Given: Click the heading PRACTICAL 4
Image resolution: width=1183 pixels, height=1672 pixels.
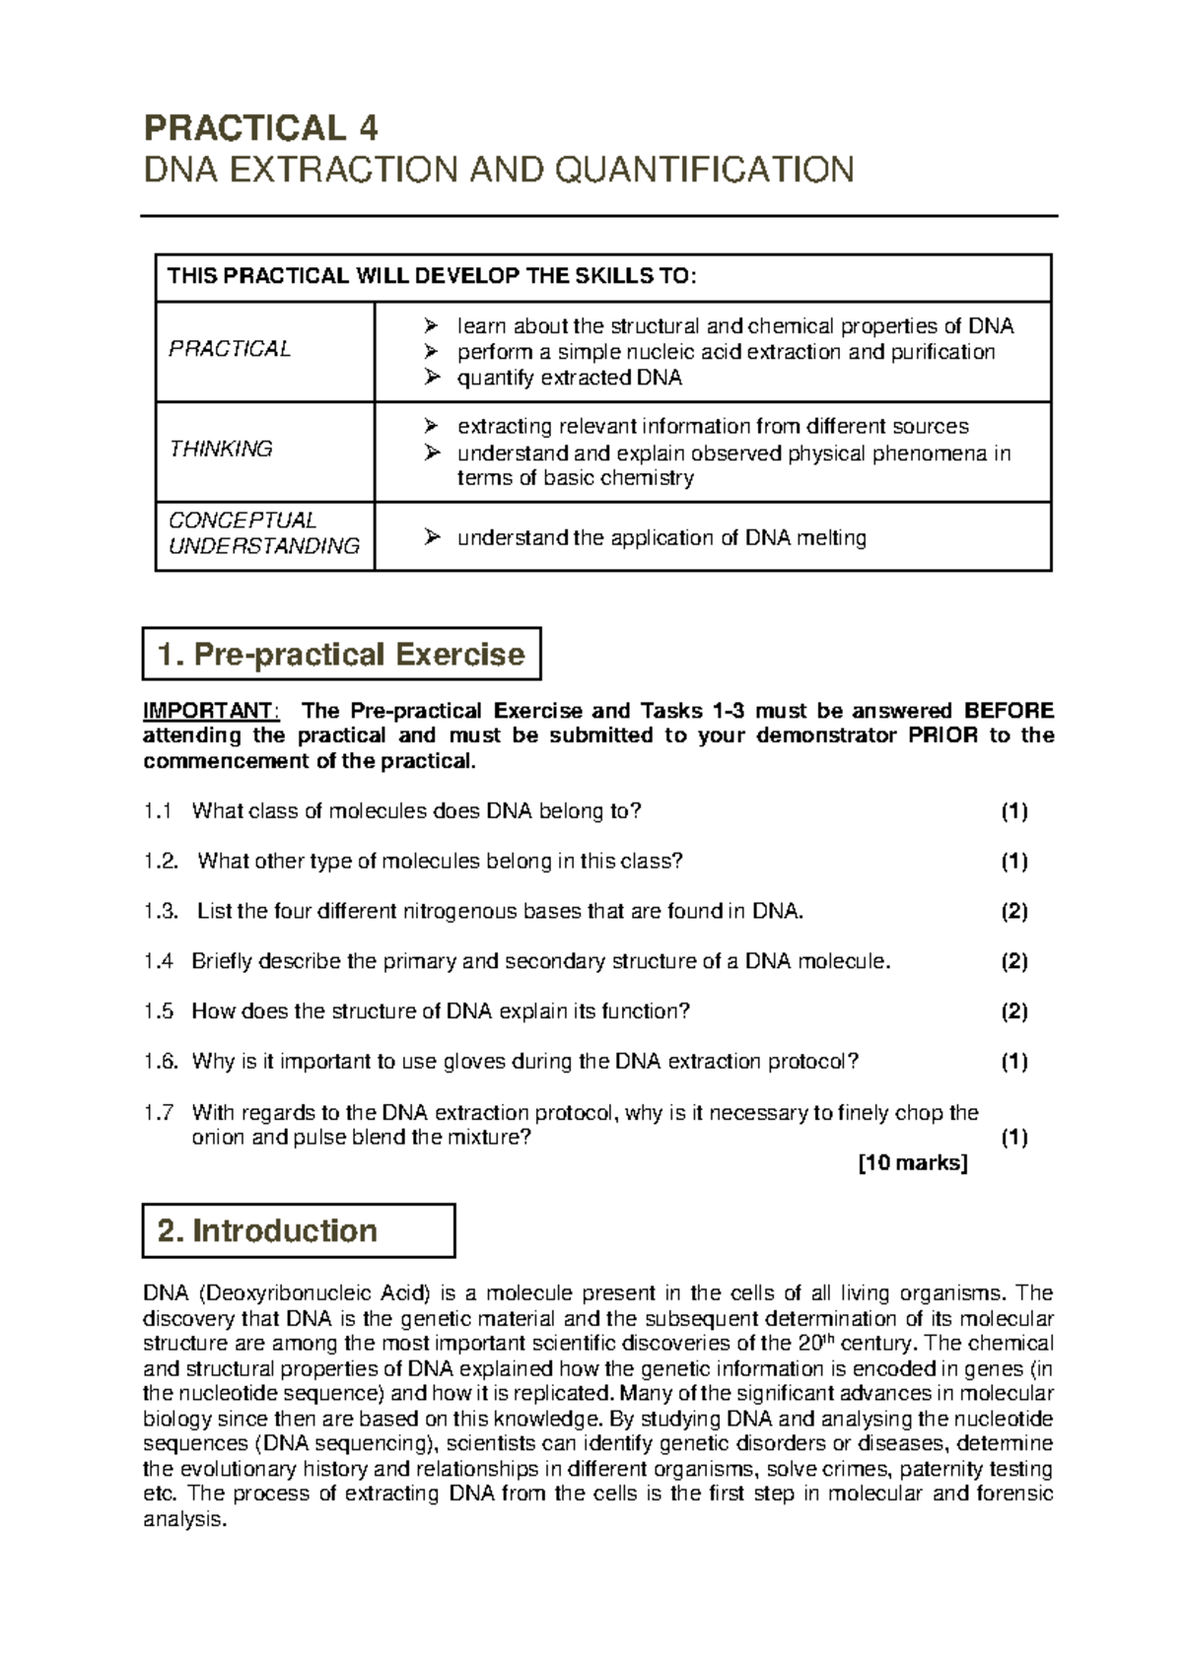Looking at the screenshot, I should click(x=261, y=128).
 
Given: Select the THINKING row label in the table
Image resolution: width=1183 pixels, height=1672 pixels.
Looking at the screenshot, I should click(x=221, y=450).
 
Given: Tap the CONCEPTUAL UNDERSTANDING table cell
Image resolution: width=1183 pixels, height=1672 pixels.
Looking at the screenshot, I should click(x=264, y=533).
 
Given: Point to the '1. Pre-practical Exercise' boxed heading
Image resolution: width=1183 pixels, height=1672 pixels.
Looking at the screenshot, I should click(x=341, y=655).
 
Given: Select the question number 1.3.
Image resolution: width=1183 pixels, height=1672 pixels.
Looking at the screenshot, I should click(x=160, y=912).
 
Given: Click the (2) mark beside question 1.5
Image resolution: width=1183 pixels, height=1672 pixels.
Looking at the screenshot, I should click(x=1014, y=1011).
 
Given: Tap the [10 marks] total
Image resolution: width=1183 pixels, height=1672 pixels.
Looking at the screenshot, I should click(x=913, y=1163).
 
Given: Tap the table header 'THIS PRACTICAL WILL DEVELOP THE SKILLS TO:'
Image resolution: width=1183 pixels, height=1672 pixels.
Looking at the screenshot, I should click(x=432, y=277).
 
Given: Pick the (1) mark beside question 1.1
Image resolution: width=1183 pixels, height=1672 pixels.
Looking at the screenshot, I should click(x=1014, y=811).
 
